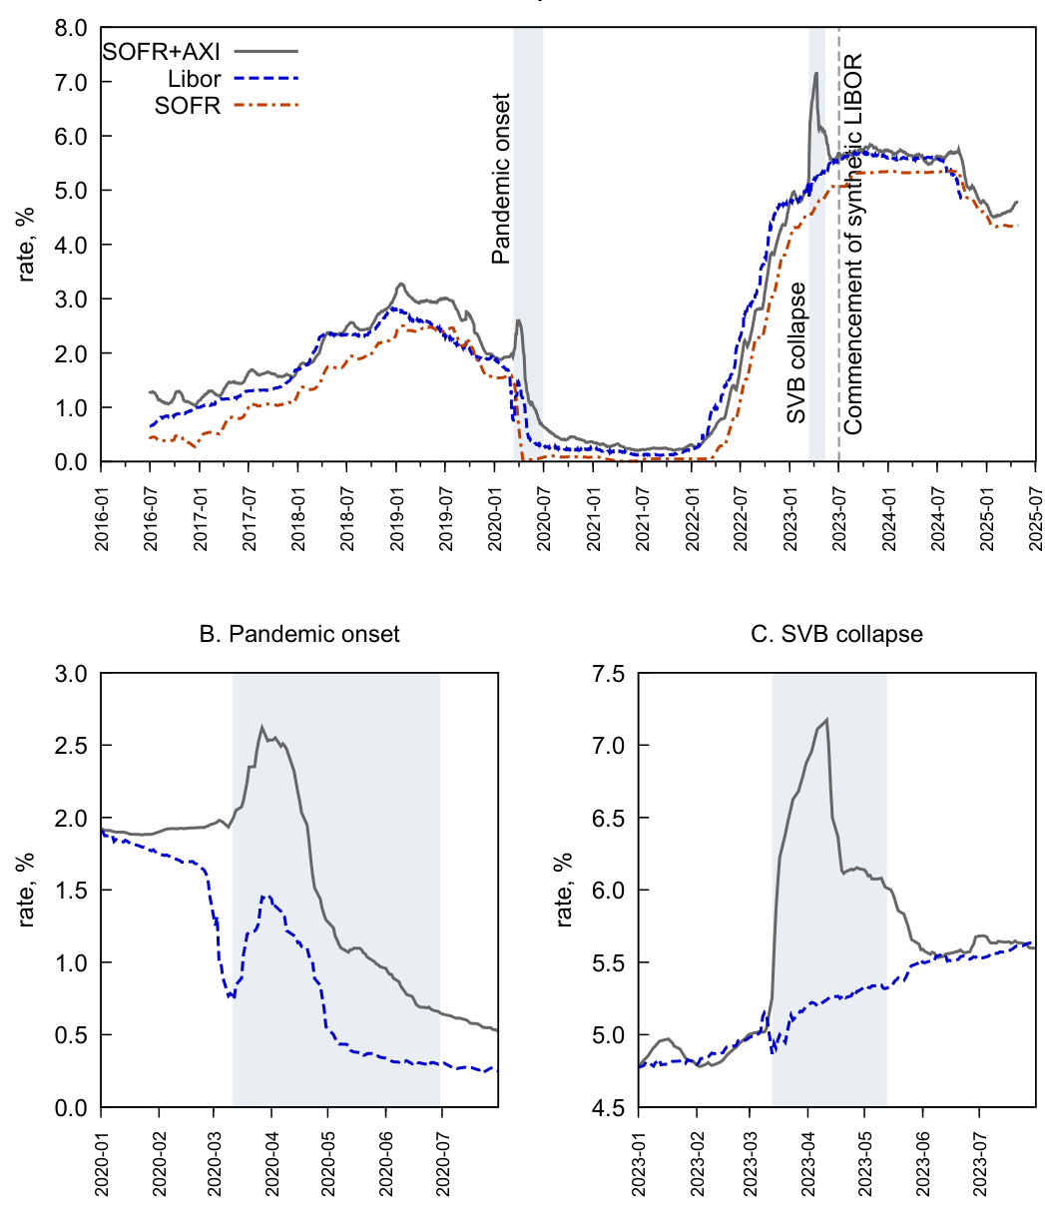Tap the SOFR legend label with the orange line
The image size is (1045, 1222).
coord(194,105)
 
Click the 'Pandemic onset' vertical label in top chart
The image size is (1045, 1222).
coord(502,179)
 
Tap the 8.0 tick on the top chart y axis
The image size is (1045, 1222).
coord(70,28)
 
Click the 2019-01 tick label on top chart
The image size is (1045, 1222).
coord(396,508)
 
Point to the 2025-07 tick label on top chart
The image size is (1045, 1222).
coord(1036,508)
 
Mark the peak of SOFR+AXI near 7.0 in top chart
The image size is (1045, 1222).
coord(815,73)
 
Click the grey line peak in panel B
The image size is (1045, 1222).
coord(261,727)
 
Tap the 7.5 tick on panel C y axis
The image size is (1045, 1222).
coord(607,674)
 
